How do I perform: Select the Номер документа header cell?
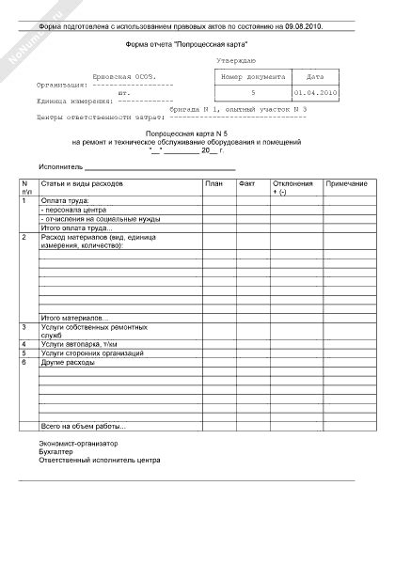[251, 76]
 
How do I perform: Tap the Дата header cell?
[315, 76]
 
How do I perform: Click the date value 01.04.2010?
[315, 93]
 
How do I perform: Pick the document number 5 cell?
[251, 93]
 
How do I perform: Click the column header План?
[214, 181]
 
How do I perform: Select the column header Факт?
[247, 181]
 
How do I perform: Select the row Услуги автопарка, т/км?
[82, 344]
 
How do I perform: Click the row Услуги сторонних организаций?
[92, 352]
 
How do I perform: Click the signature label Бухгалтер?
[57, 451]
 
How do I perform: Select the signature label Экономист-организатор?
[78, 443]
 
